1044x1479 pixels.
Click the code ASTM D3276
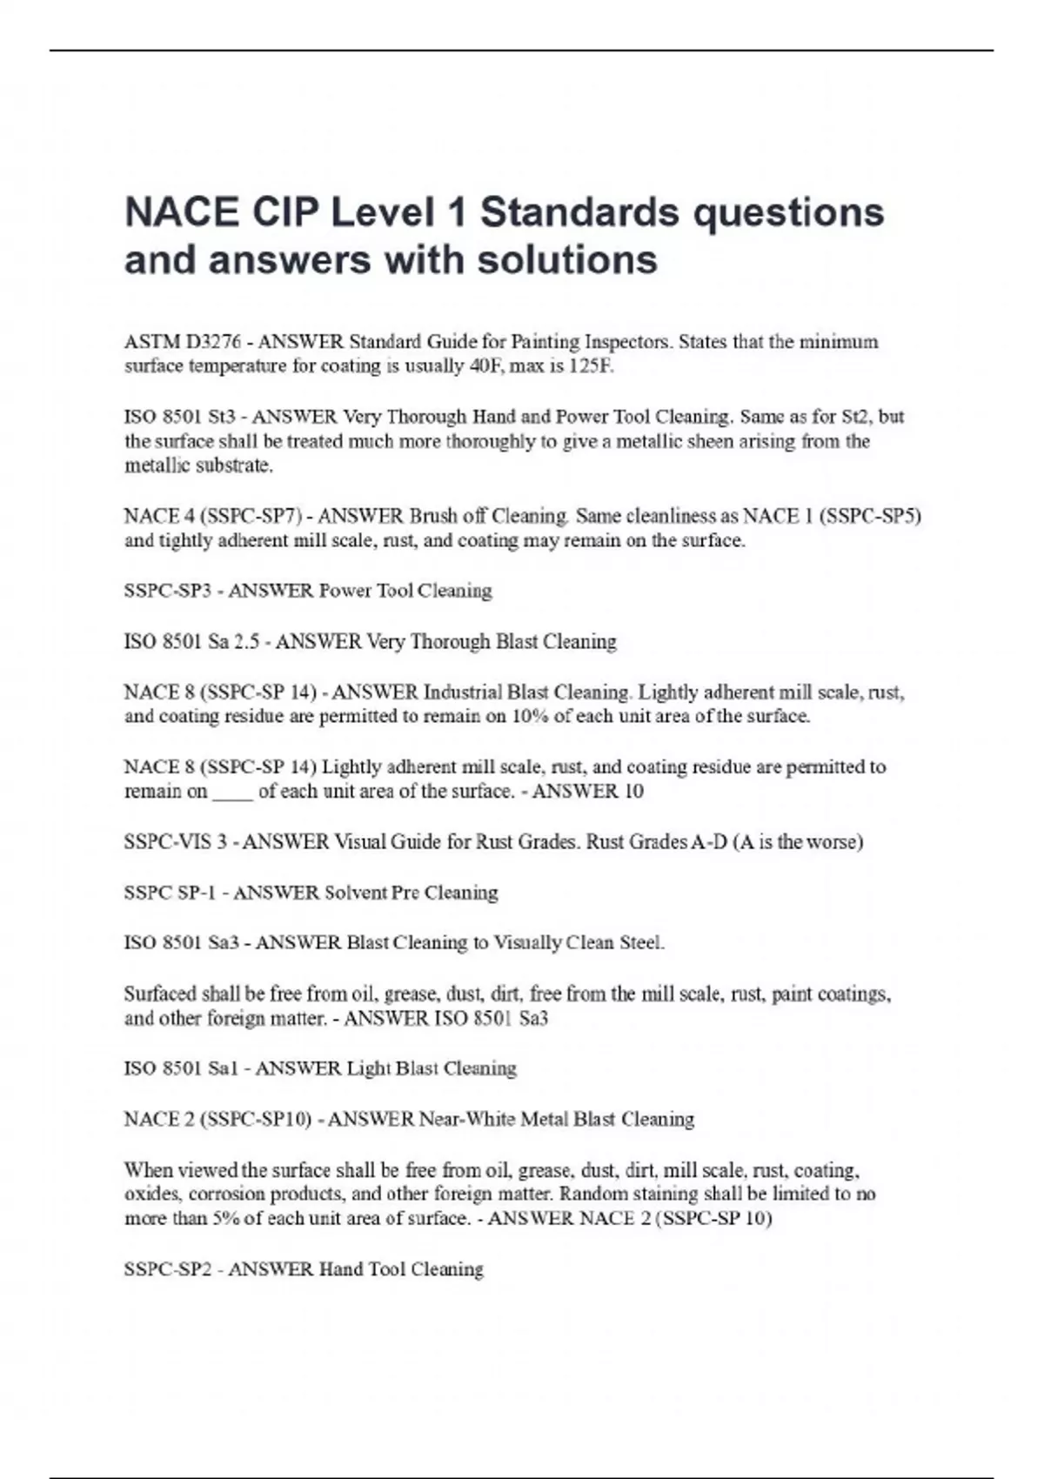coord(182,341)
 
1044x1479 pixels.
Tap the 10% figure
coord(535,716)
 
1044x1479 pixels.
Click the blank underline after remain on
coord(232,792)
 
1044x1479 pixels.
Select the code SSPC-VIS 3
coord(176,841)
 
